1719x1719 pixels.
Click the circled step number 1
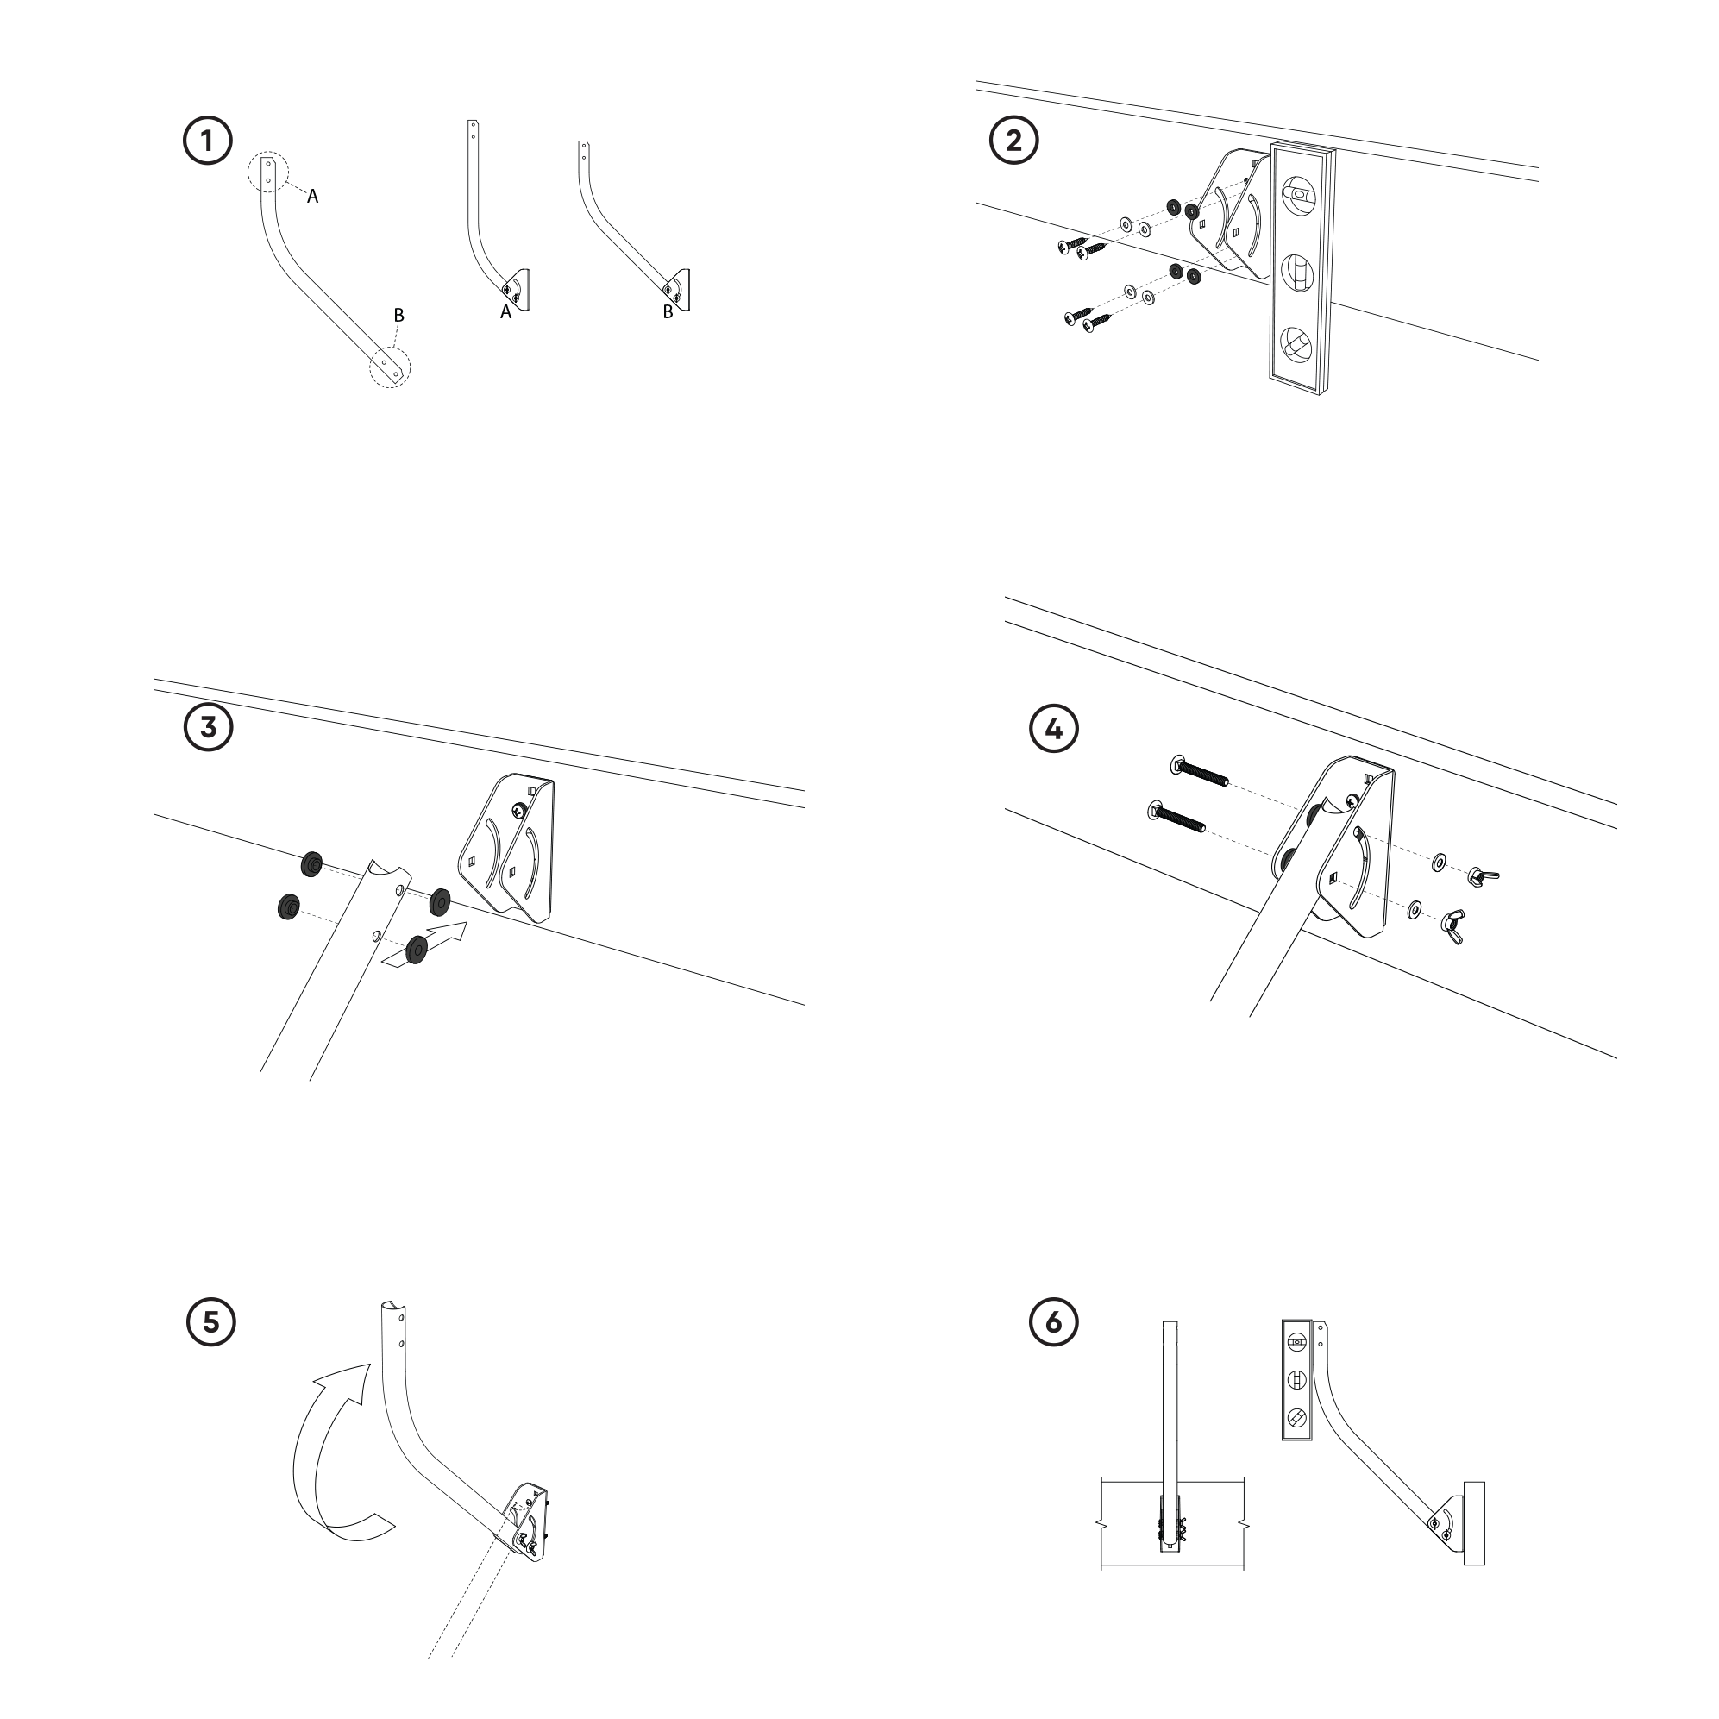207,141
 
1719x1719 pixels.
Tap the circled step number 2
1013,141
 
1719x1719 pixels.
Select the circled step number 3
207,727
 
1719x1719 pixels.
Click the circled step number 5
210,1321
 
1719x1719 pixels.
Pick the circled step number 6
1053,1321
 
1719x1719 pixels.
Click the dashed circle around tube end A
268,172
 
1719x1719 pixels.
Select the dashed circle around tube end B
391,367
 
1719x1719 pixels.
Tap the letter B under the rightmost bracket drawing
668,312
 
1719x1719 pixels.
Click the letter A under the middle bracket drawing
505,312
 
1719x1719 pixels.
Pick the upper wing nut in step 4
1483,875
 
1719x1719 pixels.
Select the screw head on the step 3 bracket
518,810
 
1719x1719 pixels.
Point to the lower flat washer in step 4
1413,909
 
